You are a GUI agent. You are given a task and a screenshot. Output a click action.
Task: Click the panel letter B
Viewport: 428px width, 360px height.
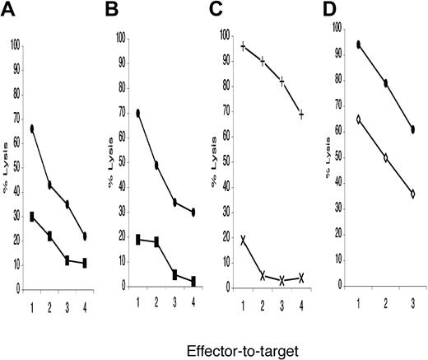point(118,11)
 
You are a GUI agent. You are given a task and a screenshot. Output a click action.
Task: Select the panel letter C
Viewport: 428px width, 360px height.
point(225,11)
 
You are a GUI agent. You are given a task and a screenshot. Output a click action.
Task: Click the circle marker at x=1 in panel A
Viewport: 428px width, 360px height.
point(32,129)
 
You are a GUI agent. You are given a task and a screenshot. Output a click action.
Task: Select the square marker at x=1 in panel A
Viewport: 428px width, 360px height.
point(32,217)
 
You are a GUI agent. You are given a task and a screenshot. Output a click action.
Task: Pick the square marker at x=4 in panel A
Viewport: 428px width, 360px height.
point(85,263)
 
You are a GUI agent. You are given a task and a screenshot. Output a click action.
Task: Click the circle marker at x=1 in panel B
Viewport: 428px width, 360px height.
point(139,113)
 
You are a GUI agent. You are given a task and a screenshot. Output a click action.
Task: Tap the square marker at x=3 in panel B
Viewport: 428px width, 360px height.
point(174,274)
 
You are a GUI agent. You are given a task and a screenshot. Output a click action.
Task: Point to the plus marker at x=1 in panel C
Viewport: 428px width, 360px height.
point(244,46)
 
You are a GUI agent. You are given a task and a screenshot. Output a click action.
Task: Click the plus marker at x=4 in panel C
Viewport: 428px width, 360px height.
point(301,115)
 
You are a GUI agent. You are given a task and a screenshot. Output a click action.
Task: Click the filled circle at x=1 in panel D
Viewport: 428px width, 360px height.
point(360,44)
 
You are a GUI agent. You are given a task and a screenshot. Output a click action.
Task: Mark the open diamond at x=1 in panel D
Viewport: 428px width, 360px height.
point(360,119)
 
